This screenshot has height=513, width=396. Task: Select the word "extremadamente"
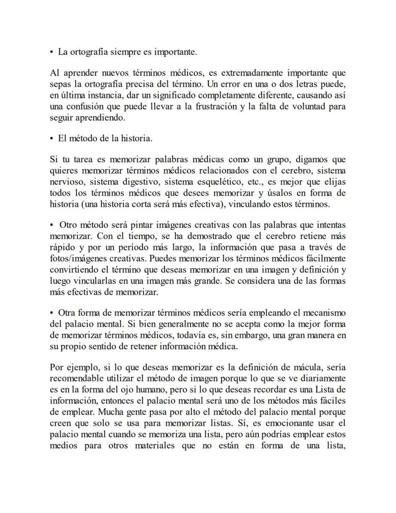point(251,73)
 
